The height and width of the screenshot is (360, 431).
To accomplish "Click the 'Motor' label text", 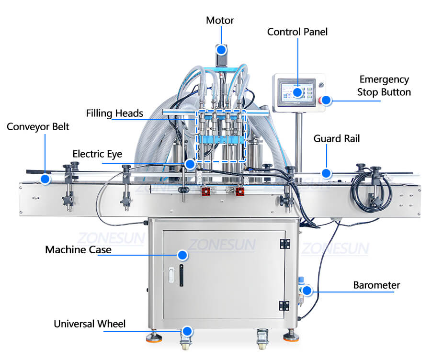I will pos(220,21).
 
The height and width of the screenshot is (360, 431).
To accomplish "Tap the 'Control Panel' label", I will pos(297,32).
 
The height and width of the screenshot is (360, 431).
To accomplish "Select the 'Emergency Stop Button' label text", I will pos(384,86).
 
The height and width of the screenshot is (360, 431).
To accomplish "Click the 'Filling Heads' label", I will pos(114,113).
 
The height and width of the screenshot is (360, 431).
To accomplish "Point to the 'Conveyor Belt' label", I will pos(38,127).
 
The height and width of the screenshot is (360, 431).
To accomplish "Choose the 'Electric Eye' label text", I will pos(97,154).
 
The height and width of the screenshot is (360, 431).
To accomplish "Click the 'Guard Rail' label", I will pos(336,139).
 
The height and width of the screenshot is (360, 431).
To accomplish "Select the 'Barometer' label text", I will pos(376,285).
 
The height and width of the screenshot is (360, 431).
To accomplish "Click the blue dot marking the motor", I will pos(221,50).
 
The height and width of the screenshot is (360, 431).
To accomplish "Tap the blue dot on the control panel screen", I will pos(297,92).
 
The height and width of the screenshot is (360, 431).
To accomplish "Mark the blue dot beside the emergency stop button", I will pos(326,101).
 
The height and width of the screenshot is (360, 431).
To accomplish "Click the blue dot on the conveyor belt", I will pos(45,179).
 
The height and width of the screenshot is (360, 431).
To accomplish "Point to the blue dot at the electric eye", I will pos(190,164).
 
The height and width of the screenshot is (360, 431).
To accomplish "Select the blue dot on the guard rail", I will pos(326,173).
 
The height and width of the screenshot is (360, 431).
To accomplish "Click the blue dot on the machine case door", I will pos(182,255).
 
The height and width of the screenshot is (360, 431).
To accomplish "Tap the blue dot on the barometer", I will pos(307,290).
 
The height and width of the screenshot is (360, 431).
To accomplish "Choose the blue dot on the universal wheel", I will pos(187,331).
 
